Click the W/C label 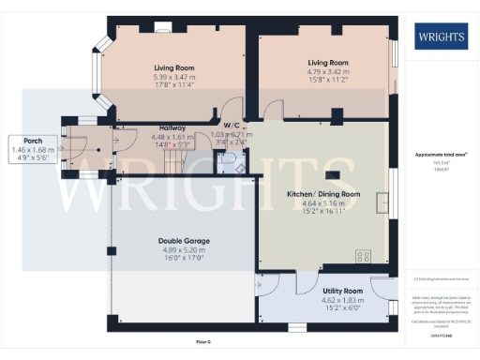(x=230, y=125)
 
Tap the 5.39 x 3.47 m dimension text (x=173, y=77)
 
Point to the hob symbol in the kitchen (x=362, y=256)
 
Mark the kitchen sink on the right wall (x=382, y=202)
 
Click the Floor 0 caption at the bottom (x=204, y=341)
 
